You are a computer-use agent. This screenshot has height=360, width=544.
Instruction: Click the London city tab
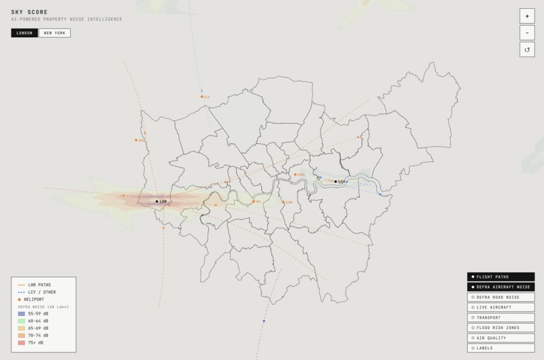24,33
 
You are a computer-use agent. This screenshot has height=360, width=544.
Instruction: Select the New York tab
54,33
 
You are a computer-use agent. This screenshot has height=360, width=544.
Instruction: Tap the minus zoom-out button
526,33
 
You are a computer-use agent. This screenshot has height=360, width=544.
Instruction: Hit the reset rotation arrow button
526,49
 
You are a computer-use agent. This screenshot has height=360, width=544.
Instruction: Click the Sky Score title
29,12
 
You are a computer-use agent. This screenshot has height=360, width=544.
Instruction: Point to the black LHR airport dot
157,201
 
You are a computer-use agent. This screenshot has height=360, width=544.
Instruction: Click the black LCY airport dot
335,182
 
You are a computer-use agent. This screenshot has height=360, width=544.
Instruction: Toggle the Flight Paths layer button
500,277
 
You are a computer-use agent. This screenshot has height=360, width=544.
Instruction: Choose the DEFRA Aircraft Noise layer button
500,287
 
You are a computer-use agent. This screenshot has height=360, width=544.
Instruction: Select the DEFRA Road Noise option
500,297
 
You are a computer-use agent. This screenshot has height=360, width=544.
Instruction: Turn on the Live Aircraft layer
500,307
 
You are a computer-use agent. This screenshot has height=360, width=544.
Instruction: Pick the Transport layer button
500,317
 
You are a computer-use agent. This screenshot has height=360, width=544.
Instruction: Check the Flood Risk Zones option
500,328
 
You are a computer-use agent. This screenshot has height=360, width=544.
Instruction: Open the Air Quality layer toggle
500,338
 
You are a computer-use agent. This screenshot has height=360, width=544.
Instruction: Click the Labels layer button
500,348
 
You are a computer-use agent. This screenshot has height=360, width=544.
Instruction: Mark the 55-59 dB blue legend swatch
22,314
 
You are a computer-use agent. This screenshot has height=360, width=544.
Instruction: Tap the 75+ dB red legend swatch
22,342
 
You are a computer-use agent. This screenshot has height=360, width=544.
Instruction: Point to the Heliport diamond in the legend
20,299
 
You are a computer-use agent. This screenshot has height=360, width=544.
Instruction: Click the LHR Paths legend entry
35,285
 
